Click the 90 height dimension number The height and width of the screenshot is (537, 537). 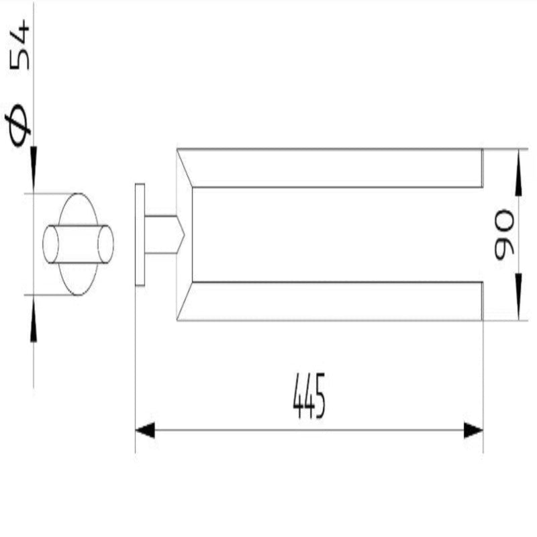click(504, 235)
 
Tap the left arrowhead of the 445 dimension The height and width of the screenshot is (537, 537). click(145, 430)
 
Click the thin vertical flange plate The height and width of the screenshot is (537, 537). click(140, 234)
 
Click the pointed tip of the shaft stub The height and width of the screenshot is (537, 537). click(181, 234)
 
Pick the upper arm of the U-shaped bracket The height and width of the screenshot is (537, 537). click(336, 168)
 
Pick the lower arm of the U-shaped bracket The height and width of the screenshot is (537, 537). click(336, 301)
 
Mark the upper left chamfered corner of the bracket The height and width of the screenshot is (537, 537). click(185, 166)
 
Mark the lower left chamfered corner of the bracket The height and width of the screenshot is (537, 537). click(185, 302)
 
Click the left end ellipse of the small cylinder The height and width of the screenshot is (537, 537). click(51, 244)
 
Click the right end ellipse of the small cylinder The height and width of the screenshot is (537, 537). click(105, 244)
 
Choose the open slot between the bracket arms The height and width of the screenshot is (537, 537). click(336, 234)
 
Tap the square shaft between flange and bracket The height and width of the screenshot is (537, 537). click(161, 234)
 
